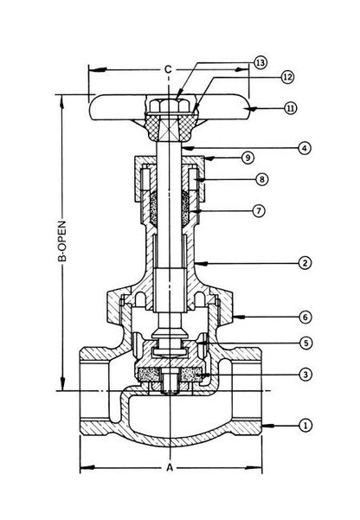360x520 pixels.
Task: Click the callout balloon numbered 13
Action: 260,62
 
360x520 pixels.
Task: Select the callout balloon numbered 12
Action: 287,77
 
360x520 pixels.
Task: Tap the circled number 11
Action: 291,108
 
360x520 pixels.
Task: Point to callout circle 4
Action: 305,148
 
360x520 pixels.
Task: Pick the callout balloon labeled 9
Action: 247,157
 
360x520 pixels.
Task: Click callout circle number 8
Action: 262,179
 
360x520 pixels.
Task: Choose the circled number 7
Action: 259,210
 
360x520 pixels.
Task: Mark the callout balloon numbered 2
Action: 305,263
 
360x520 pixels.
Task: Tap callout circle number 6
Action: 305,317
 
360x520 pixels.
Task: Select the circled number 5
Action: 306,343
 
